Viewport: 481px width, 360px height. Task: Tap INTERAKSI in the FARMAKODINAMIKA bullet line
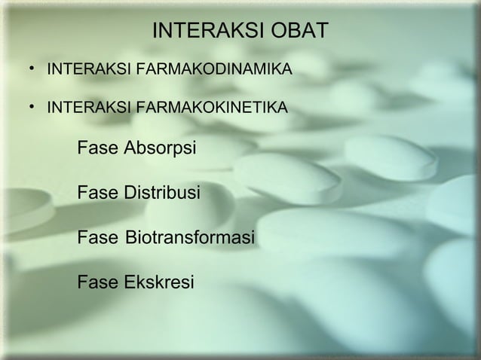80,71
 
